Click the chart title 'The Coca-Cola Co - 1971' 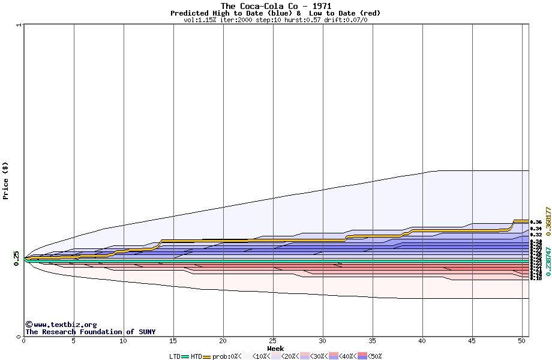tap(275, 6)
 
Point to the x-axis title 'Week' tap(275, 349)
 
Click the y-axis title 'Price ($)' tap(5, 181)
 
